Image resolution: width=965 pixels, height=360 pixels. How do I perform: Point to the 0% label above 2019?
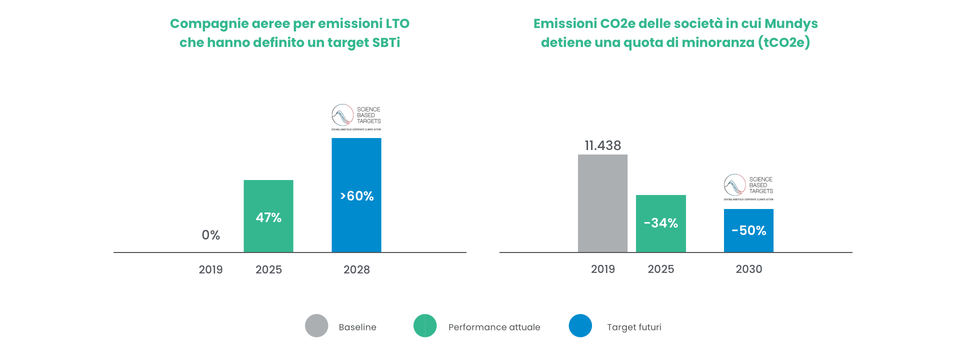[x=210, y=235]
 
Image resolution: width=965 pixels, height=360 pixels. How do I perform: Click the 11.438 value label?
[x=603, y=145]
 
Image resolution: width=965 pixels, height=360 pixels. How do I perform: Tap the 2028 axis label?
[x=356, y=269]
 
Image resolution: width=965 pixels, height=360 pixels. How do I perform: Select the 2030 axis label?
[x=748, y=269]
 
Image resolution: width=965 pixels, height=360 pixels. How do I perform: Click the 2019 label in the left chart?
[x=210, y=269]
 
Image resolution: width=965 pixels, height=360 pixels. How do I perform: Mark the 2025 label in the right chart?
[x=661, y=269]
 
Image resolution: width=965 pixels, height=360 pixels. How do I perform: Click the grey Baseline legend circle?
[x=316, y=326]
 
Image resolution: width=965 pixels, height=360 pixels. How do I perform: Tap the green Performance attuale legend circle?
[x=425, y=326]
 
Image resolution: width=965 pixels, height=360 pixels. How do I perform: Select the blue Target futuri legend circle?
[x=580, y=326]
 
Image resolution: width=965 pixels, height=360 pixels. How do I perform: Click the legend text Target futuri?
[x=634, y=327]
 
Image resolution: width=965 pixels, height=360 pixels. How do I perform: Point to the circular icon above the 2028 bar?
[x=343, y=115]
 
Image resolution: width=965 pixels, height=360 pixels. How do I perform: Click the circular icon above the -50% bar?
[x=736, y=185]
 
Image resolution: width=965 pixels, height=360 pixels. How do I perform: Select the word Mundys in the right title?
[x=791, y=23]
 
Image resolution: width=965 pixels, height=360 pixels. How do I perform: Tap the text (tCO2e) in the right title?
[x=784, y=42]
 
